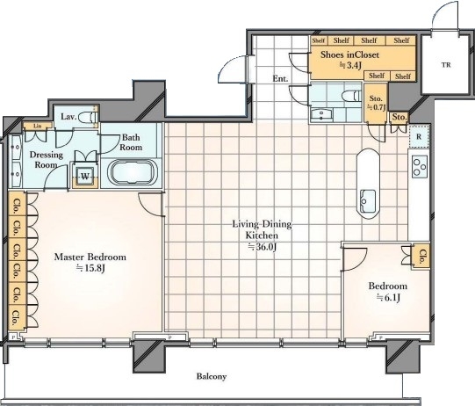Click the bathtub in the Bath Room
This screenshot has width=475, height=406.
click(x=132, y=172)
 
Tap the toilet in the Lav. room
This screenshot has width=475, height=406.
click(x=88, y=118)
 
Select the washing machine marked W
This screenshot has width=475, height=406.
click(x=85, y=177)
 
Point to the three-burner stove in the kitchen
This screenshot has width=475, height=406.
click(x=420, y=166)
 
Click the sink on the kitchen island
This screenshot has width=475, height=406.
click(x=368, y=200)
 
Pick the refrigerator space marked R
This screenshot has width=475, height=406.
click(x=419, y=136)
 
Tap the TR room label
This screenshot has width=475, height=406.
click(x=446, y=64)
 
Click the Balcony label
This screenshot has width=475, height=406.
click(x=212, y=377)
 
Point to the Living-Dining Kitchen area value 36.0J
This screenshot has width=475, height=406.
click(x=263, y=247)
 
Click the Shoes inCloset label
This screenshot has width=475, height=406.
click(x=349, y=54)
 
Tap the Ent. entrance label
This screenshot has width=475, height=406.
click(x=280, y=78)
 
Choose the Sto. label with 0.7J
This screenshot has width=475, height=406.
click(x=377, y=103)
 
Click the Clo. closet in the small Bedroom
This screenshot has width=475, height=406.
click(x=421, y=257)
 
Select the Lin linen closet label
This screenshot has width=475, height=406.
click(x=38, y=126)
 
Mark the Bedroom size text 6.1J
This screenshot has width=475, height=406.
click(x=388, y=298)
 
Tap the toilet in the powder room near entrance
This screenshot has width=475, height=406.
click(x=351, y=96)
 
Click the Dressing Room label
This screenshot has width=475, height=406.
click(x=47, y=159)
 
